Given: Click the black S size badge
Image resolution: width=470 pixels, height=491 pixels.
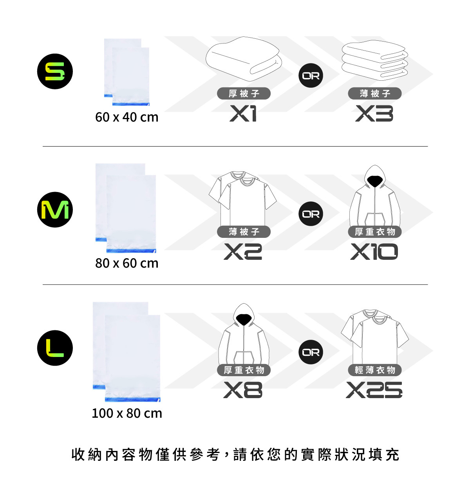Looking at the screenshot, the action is [x=55, y=71].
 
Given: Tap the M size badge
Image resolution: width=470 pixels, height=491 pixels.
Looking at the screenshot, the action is [x=55, y=210].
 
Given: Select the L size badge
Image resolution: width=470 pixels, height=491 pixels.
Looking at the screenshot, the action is [x=55, y=348].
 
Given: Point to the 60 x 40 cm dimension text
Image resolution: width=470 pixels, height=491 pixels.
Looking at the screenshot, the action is [x=127, y=117].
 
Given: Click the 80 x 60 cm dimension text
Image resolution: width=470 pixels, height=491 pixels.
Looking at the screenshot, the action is [x=127, y=263].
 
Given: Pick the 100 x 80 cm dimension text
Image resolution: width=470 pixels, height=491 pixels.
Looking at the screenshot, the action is [x=127, y=413].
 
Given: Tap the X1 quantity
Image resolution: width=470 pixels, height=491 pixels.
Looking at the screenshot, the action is [x=243, y=114].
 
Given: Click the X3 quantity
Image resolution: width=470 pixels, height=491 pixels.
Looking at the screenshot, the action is [x=374, y=114].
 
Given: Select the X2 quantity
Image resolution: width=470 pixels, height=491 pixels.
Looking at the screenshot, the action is [x=243, y=252].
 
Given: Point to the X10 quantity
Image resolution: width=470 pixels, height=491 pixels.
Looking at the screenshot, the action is [x=374, y=252].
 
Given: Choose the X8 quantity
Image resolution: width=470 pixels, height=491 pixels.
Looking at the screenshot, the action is [x=243, y=390].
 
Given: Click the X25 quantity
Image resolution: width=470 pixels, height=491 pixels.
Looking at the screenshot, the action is [x=374, y=390].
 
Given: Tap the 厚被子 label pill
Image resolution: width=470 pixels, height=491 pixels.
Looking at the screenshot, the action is [x=244, y=94].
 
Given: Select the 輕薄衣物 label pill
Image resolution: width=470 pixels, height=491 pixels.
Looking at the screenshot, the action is [x=375, y=370].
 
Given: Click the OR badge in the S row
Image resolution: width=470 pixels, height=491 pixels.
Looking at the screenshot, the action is [x=311, y=76].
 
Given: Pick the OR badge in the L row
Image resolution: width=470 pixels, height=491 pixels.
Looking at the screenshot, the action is [x=311, y=352].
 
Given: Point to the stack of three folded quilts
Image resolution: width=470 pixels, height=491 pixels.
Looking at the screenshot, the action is [x=375, y=60].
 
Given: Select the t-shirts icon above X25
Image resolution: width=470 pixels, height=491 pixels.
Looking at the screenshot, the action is [x=375, y=335].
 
